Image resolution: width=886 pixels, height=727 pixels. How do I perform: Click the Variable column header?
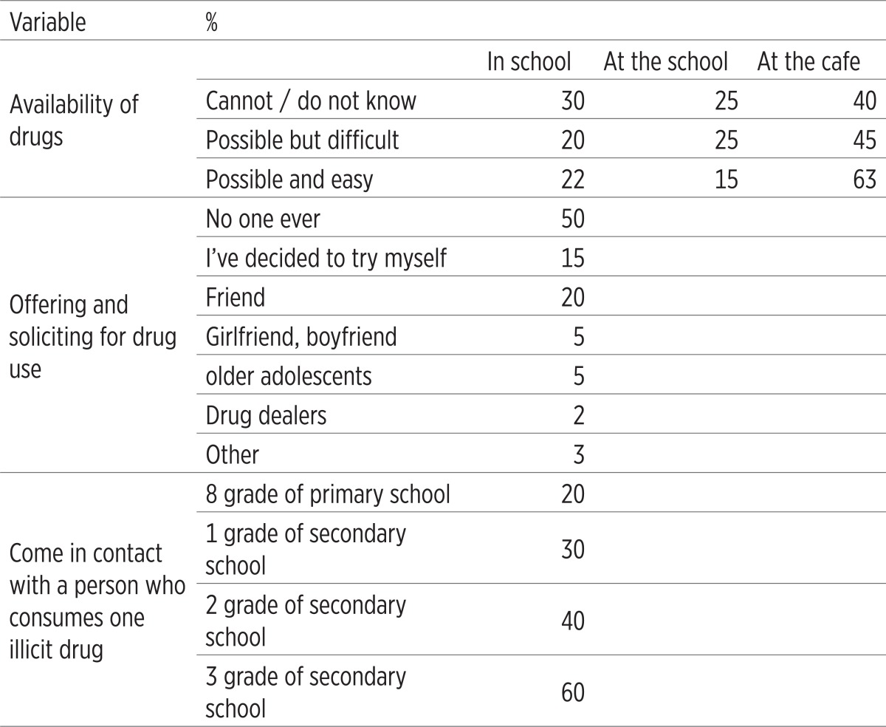pos(47,22)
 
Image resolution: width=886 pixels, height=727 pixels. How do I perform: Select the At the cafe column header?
pos(808,61)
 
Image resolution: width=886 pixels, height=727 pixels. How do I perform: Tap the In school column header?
pos(529,61)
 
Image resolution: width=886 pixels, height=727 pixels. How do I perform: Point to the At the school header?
pos(665,61)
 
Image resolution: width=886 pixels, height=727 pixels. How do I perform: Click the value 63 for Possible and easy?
pos(865,180)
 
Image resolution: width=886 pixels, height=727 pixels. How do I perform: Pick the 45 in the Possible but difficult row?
pos(865,140)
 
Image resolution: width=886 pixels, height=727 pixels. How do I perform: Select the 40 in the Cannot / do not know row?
pos(865,101)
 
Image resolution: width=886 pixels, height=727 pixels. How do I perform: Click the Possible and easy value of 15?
pos(727,180)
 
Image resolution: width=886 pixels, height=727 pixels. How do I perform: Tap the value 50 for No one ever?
pos(573,219)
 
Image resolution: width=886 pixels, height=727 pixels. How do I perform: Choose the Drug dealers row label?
pos(266,415)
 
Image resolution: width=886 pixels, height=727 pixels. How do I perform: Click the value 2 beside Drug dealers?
pos(578,415)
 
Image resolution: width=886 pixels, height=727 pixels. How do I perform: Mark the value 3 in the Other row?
pos(578,454)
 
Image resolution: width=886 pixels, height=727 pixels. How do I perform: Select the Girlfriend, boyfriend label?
pos(301,337)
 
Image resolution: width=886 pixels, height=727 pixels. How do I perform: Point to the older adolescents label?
pos(289,376)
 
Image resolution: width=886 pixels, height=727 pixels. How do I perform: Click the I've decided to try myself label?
pos(326,258)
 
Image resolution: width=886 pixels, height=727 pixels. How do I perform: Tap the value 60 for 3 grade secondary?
pos(573,692)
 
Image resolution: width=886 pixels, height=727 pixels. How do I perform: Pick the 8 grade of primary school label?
pos(328,494)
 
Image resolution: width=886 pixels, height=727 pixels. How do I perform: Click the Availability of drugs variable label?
pos(74,120)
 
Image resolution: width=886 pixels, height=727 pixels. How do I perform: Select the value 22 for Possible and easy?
pos(573,180)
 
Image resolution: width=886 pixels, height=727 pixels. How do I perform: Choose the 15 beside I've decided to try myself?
pos(573,258)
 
